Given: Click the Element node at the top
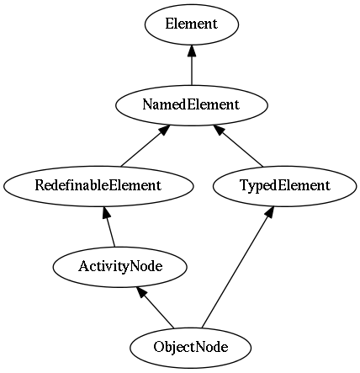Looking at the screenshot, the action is coord(192,24).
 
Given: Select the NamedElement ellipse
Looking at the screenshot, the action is coord(192,105).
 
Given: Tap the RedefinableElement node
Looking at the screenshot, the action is coord(98,186).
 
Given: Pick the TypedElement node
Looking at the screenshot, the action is coord(285,186).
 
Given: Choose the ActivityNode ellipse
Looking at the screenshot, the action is coord(120,267).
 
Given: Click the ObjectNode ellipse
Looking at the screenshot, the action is coord(191,348).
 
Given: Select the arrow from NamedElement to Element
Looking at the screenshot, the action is coord(192,65).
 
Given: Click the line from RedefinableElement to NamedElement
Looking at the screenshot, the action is coord(146,146).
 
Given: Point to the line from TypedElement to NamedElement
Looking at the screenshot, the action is coord(238,146).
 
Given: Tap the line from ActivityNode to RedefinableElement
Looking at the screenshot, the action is coord(109,226).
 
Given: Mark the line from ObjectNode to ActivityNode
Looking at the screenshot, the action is coord(155,307).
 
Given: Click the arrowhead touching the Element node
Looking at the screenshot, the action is coord(192,50).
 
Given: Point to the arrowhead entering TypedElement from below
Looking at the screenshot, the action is coord(269,211).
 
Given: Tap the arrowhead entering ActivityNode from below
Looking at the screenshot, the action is coord(140,292).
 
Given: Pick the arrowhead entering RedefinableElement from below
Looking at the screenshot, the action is coord(105,212).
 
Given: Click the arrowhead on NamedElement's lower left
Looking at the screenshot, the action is coord(165,130).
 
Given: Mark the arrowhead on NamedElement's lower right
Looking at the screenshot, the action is coord(219,130).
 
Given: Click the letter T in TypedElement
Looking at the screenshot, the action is coord(244,185).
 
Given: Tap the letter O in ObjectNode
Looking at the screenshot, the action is coord(158,347).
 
